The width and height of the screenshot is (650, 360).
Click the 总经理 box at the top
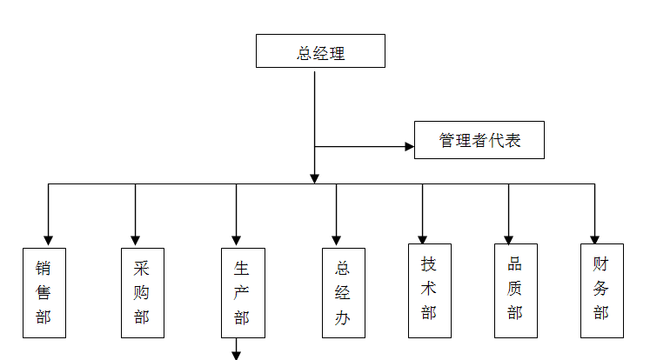[x=320, y=51]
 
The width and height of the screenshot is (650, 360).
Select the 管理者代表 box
[x=479, y=140]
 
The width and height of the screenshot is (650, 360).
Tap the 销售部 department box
[x=44, y=292]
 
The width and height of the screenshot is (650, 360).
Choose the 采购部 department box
[x=142, y=292]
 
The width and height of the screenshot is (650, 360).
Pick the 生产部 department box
[x=242, y=292]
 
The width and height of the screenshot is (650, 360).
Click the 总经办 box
[x=343, y=292]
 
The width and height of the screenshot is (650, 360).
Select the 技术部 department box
[x=428, y=288]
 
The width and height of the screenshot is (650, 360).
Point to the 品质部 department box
[x=515, y=290]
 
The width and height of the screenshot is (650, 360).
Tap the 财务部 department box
[x=601, y=290]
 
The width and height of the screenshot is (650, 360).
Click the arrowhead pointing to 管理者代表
[x=409, y=146]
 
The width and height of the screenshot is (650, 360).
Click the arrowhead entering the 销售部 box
[x=49, y=240]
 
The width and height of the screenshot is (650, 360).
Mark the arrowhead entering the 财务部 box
[x=595, y=238]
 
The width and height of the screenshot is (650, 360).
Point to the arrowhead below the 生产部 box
[x=236, y=354]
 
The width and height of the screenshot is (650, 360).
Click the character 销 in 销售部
[x=44, y=269]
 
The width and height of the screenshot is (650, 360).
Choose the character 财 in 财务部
[x=601, y=263]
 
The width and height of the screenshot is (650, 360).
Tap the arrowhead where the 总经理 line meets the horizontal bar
[x=315, y=178]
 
